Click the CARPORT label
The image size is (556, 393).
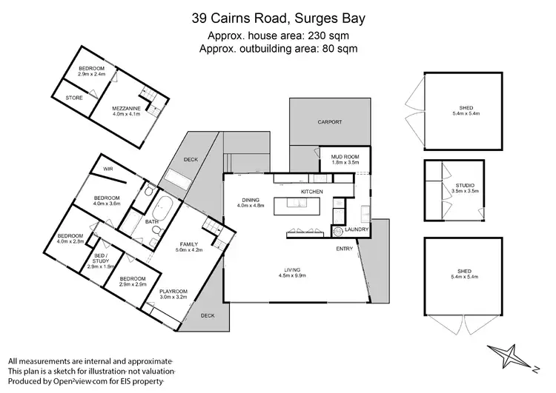coord(329,122)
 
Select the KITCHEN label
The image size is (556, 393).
coord(311,192)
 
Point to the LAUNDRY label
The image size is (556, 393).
coord(357,230)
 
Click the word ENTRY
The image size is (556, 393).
coord(345,249)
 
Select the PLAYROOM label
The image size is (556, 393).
coord(173,292)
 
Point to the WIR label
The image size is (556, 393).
coord(108,169)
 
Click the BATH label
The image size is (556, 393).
coord(152,221)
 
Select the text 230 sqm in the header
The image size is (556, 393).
coord(328,36)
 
